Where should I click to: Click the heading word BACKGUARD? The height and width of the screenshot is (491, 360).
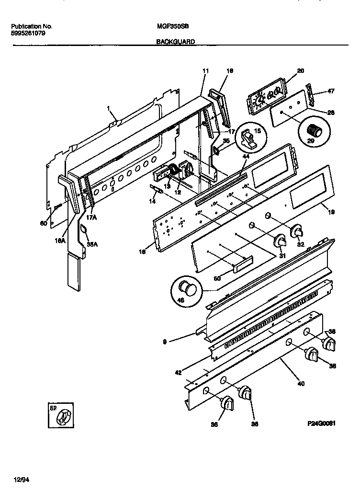tap(176, 42)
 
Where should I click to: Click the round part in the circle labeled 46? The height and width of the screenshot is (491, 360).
tap(186, 290)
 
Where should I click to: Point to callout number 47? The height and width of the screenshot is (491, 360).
tap(330, 91)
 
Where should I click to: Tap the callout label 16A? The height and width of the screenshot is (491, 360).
tap(61, 242)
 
